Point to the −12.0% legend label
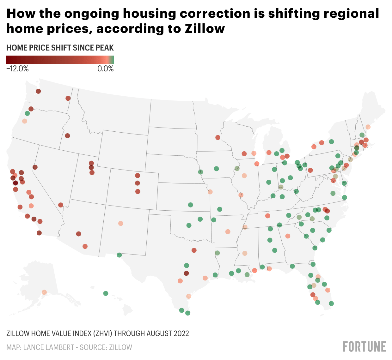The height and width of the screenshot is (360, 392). tap(17, 69)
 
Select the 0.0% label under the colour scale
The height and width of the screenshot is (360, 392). tap(105, 69)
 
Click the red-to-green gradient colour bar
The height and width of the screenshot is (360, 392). tap(60, 60)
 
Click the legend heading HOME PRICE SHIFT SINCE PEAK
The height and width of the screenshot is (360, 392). tap(60, 48)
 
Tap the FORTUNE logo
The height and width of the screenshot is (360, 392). tap(364, 346)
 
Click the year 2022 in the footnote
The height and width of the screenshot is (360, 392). tap(181, 333)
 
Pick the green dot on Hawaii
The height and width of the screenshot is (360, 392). tap(106, 293)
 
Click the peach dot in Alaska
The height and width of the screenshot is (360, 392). tap(44, 292)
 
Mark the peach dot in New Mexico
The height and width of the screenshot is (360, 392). tap(120, 223)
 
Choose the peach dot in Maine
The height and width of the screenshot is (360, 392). tap(368, 127)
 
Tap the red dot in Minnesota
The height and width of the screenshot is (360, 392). tap(218, 137)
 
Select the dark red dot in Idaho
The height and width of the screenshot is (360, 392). tap(67, 136)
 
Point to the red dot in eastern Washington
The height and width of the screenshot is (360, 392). tap(68, 98)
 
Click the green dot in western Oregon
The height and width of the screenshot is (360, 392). tap(27, 113)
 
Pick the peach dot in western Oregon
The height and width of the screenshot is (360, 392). tap(25, 121)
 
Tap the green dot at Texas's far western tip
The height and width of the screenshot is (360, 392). tap(119, 255)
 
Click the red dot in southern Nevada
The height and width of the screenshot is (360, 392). tap(61, 205)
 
